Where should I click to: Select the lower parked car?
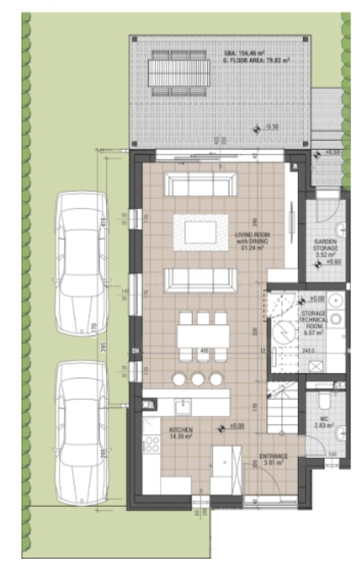(x=81, y=433)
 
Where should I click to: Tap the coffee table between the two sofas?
(x=201, y=233)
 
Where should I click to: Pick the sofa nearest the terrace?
(x=201, y=184)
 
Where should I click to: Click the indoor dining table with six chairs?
(x=203, y=336)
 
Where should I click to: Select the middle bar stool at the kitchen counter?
(x=198, y=379)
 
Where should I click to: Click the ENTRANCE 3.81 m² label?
(x=273, y=459)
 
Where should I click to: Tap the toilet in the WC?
(x=324, y=399)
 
